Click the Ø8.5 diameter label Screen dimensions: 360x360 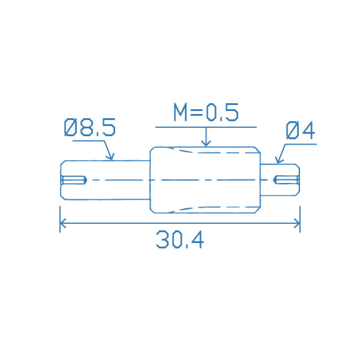[x=89, y=128]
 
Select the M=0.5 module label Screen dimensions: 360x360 [x=206, y=113]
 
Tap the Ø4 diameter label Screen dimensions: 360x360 [x=301, y=131]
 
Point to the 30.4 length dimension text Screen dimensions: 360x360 [x=180, y=239]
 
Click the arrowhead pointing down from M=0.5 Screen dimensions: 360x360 [x=206, y=143]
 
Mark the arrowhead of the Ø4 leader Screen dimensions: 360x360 [x=278, y=160]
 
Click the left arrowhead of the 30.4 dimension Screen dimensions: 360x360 [x=62, y=223]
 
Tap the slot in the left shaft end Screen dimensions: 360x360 [x=74, y=179]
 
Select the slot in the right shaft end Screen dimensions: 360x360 [x=286, y=179]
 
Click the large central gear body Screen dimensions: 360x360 [x=205, y=179]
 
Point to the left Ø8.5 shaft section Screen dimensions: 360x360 [x=105, y=179]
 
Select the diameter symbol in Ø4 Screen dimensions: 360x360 [x=293, y=131]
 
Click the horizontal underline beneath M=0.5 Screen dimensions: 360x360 [x=206, y=127]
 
